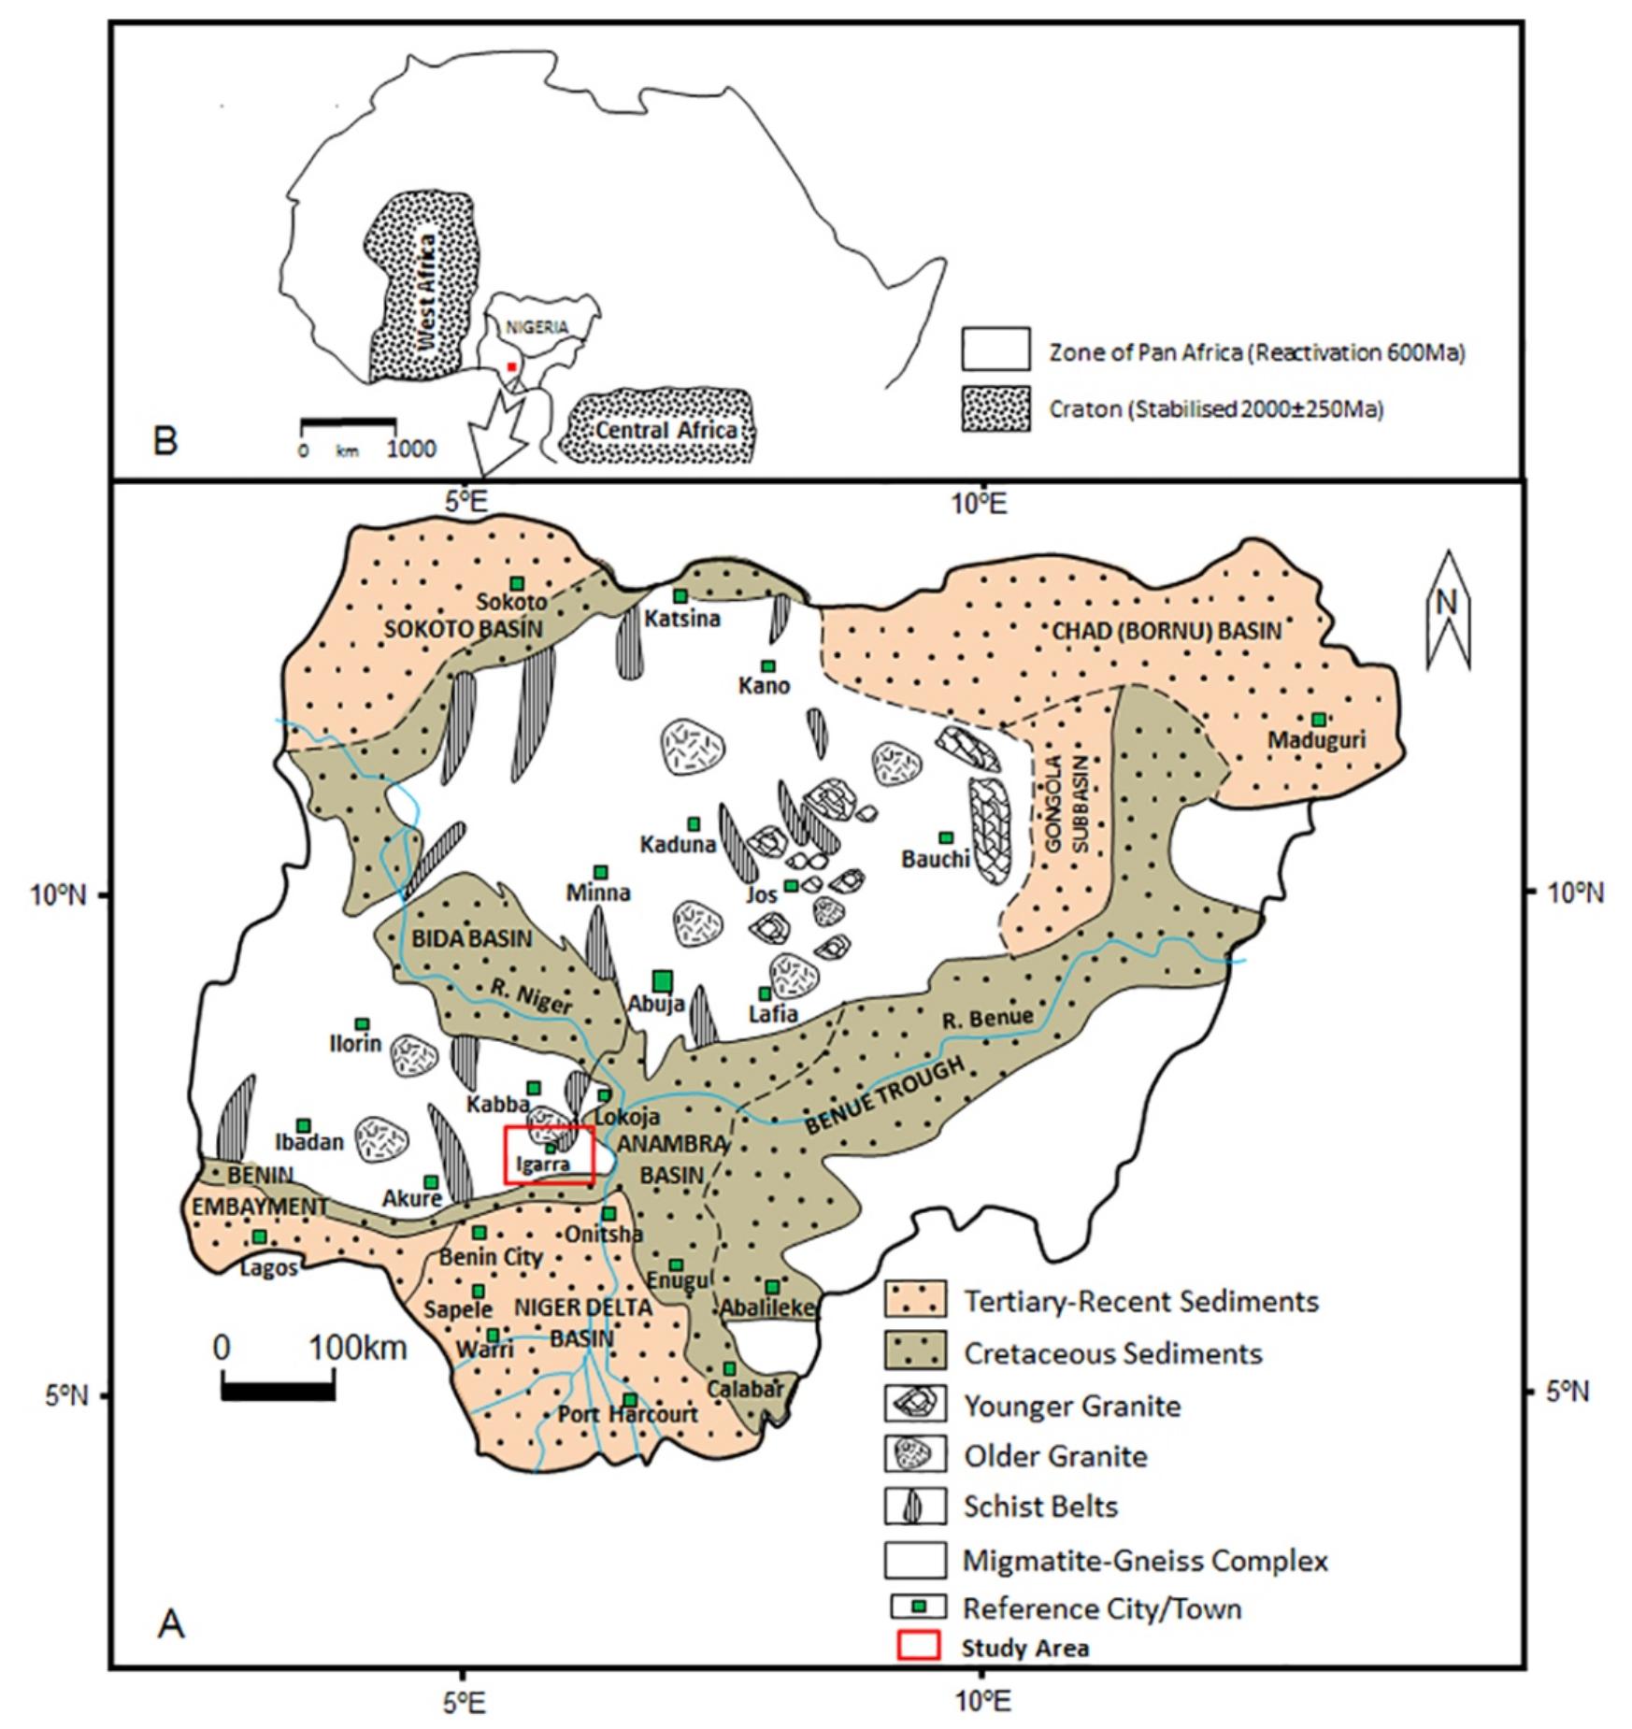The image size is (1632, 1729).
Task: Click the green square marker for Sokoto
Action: click(x=516, y=584)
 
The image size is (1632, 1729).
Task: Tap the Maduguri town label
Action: click(x=1316, y=739)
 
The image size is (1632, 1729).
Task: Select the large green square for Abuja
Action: click(x=663, y=980)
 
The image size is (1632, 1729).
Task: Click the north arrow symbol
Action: click(x=1447, y=609)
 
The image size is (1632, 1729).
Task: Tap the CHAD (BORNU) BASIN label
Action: click(x=1167, y=631)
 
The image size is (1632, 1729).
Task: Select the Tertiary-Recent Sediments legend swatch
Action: click(x=915, y=1300)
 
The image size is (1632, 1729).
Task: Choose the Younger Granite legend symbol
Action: click(x=915, y=1405)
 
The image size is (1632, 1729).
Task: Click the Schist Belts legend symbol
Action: click(x=915, y=1506)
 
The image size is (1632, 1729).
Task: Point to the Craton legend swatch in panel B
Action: click(x=995, y=408)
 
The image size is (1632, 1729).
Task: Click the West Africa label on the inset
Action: click(x=426, y=293)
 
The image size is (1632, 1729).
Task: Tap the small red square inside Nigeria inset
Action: click(x=511, y=366)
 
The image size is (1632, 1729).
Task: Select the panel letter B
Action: click(x=165, y=440)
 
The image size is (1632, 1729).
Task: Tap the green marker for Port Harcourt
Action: click(x=630, y=1400)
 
